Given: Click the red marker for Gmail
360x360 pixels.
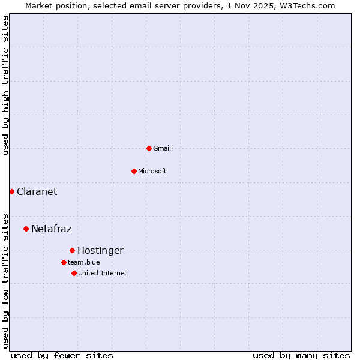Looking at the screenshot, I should [x=149, y=148].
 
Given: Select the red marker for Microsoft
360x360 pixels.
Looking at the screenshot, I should [x=134, y=171].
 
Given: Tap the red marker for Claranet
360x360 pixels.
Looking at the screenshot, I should [x=11, y=191].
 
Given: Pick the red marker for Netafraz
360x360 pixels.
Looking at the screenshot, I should [x=26, y=229].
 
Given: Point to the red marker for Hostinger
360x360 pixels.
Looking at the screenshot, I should [x=72, y=250].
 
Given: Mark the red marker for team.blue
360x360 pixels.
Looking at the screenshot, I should [x=64, y=262].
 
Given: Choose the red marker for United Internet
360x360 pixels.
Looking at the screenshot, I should [x=74, y=273].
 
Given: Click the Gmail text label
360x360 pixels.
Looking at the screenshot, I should [x=162, y=148].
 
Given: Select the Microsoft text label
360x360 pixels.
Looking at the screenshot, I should [x=152, y=171].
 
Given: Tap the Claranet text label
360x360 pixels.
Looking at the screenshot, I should [x=37, y=191].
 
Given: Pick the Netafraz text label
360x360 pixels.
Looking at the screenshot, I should [x=51, y=229].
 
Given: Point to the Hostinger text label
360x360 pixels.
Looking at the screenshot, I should [x=100, y=250].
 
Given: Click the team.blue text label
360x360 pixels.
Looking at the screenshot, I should [x=83, y=262].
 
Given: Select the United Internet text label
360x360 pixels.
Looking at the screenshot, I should [x=102, y=273].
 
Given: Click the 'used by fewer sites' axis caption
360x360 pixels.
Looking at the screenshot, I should [x=62, y=355].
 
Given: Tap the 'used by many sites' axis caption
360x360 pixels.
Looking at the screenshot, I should [x=301, y=355].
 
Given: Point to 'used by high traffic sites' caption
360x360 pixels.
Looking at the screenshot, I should [x=5, y=85].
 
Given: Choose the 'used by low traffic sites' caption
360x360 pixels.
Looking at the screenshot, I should [x=5, y=280].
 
